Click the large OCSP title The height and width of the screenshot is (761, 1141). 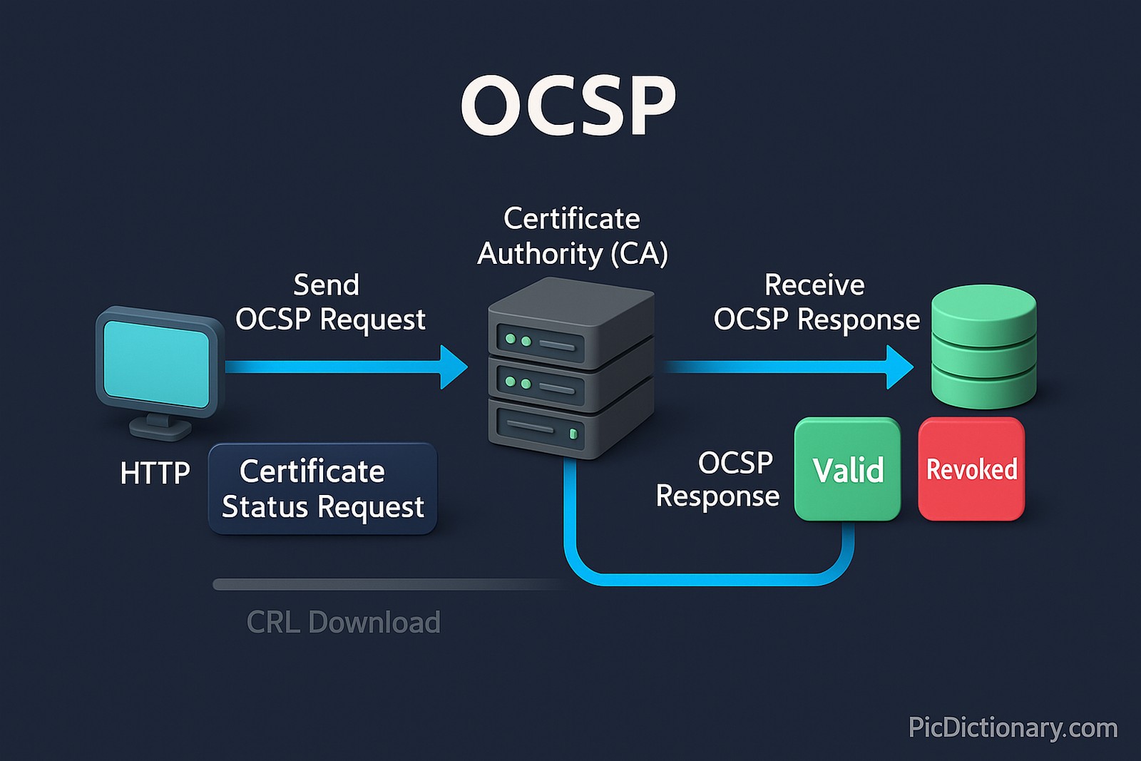click(568, 106)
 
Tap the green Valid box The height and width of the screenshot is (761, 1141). click(847, 469)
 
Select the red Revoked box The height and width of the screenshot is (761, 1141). click(971, 469)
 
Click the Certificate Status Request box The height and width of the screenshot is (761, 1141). click(322, 489)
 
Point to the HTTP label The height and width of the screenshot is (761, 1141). click(155, 473)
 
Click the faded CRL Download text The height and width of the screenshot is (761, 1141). click(343, 622)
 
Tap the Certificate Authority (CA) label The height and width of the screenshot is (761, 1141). click(572, 236)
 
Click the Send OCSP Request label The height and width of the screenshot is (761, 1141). click(330, 302)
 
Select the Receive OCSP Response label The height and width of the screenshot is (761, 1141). click(816, 302)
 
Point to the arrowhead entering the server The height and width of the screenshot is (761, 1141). click(454, 367)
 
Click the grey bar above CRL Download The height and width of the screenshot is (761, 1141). click(385, 585)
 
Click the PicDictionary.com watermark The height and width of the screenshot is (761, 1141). click(1013, 727)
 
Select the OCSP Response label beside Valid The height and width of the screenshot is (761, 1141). click(718, 479)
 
